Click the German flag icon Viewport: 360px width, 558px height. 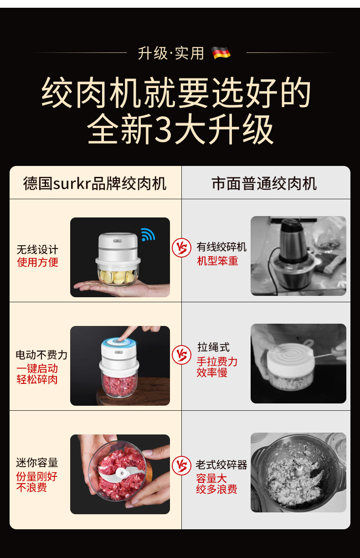click(221, 53)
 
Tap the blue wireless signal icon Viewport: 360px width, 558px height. click(148, 234)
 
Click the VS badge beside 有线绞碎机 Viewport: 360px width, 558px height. click(181, 248)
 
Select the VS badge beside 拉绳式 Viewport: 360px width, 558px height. click(181, 355)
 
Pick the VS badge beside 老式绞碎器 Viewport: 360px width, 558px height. click(181, 465)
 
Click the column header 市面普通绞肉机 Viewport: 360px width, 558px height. click(264, 184)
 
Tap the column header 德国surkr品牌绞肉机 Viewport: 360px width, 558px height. click(95, 184)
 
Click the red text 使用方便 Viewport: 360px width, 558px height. click(37, 262)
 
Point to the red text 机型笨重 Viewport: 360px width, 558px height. click(217, 261)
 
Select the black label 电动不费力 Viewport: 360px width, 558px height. click(41, 355)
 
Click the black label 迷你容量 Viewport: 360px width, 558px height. click(37, 463)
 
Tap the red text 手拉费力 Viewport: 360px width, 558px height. click(217, 362)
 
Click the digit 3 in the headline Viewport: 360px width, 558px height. click(163, 129)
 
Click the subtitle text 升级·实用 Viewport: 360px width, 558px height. click(171, 53)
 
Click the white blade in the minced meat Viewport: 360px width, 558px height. click(121, 474)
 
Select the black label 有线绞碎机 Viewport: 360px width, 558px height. click(221, 247)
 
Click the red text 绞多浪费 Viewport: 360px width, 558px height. click(216, 489)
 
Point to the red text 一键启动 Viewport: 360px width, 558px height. click(37, 368)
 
